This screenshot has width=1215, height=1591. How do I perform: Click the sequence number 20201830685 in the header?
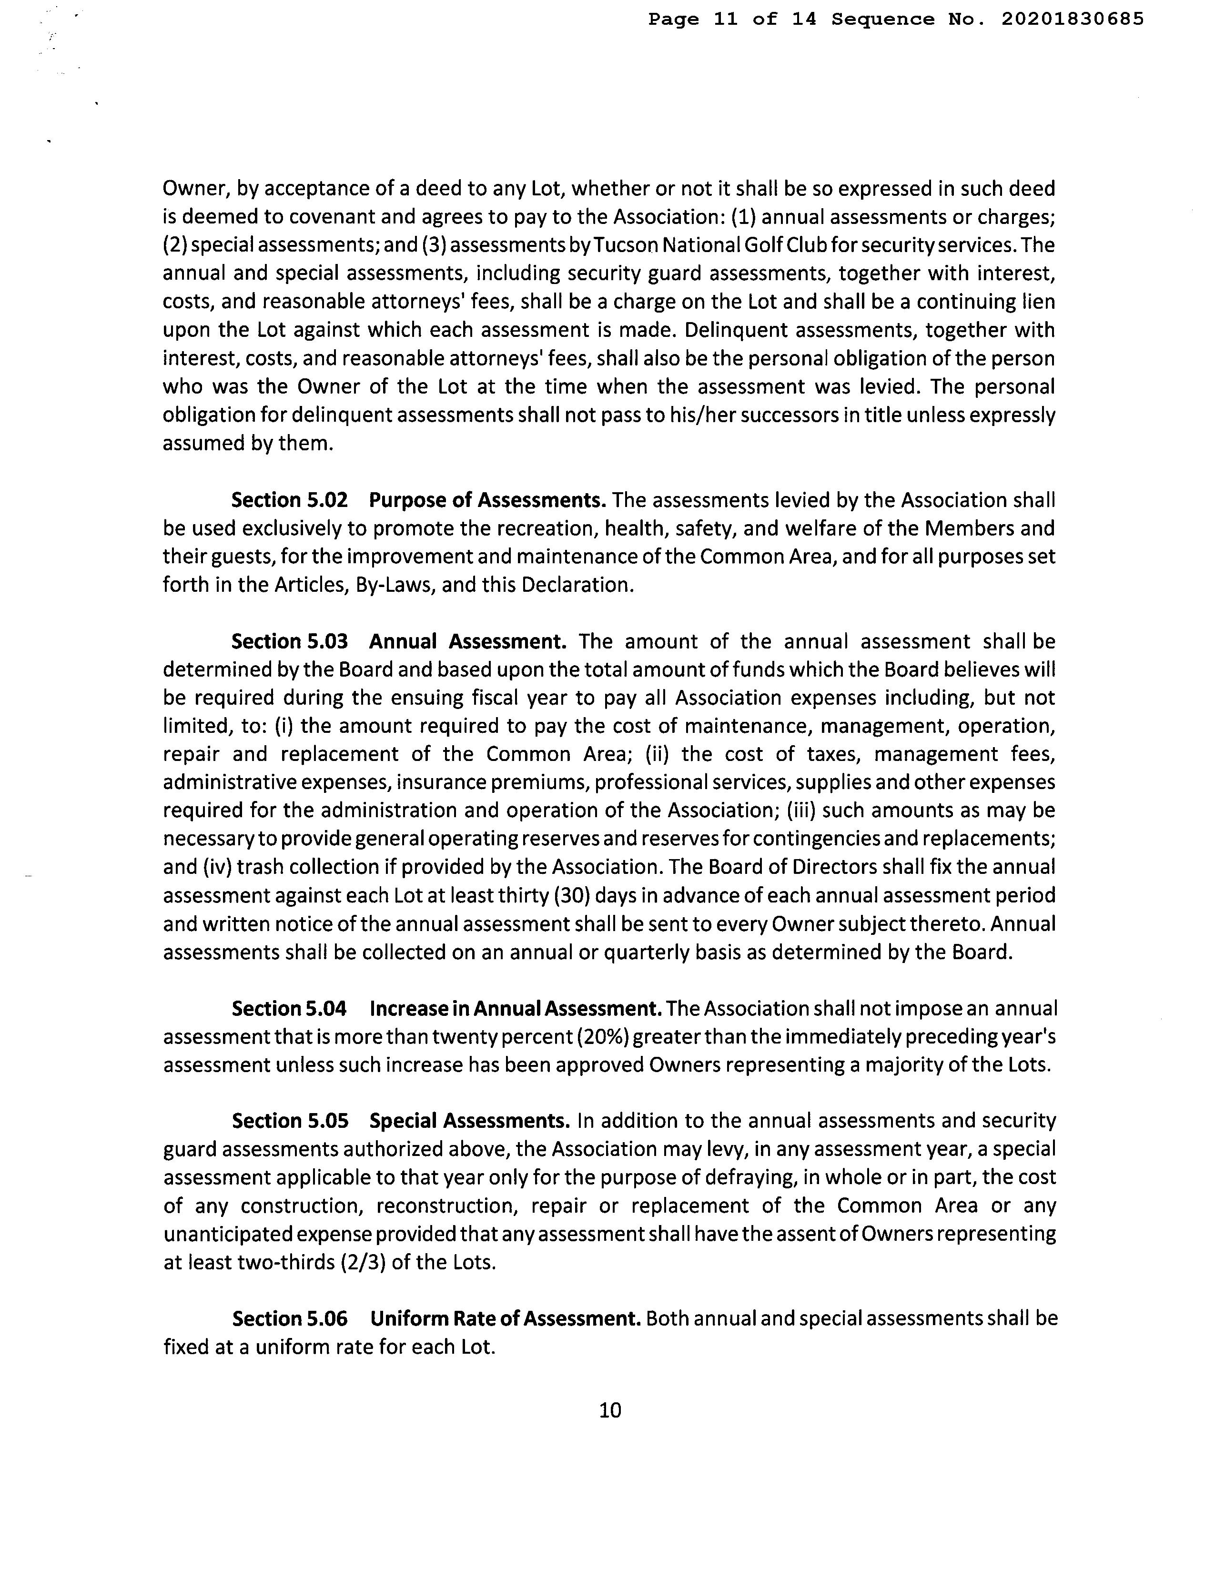1073,20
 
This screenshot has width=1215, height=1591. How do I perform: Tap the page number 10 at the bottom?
610,1410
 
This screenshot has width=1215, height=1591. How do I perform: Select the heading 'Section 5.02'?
289,500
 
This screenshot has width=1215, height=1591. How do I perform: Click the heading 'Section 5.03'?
289,641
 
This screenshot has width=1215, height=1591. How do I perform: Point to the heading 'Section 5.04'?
289,1008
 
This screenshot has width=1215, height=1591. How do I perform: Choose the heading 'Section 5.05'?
290,1121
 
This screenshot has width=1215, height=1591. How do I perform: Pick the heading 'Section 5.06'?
290,1319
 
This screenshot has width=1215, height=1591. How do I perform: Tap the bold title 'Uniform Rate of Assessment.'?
506,1319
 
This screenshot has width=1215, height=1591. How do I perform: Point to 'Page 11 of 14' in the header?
732,20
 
